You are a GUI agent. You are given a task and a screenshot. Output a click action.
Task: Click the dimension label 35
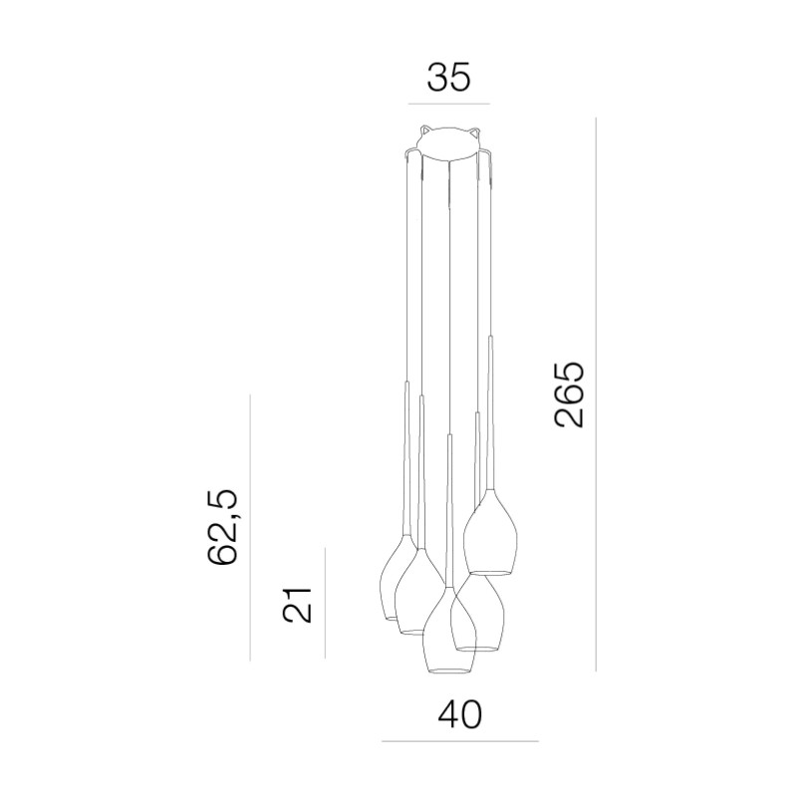pyautogui.click(x=449, y=78)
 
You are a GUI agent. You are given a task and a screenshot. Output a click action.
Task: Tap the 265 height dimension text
pyautogui.click(x=569, y=395)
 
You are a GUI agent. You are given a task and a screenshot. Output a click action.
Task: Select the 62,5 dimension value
pyautogui.click(x=222, y=527)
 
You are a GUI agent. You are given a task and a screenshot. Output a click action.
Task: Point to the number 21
pyautogui.click(x=297, y=605)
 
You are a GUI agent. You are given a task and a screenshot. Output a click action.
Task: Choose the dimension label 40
pyautogui.click(x=459, y=714)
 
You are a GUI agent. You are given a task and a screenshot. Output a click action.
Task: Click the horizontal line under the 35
pyautogui.click(x=449, y=105)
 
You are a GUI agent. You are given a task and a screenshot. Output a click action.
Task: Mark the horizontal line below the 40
pyautogui.click(x=460, y=741)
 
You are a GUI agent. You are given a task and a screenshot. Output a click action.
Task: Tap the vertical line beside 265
pyautogui.click(x=596, y=395)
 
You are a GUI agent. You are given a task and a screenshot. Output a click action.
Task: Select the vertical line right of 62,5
pyautogui.click(x=250, y=528)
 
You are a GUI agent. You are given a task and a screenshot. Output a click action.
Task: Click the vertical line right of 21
pyautogui.click(x=325, y=603)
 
